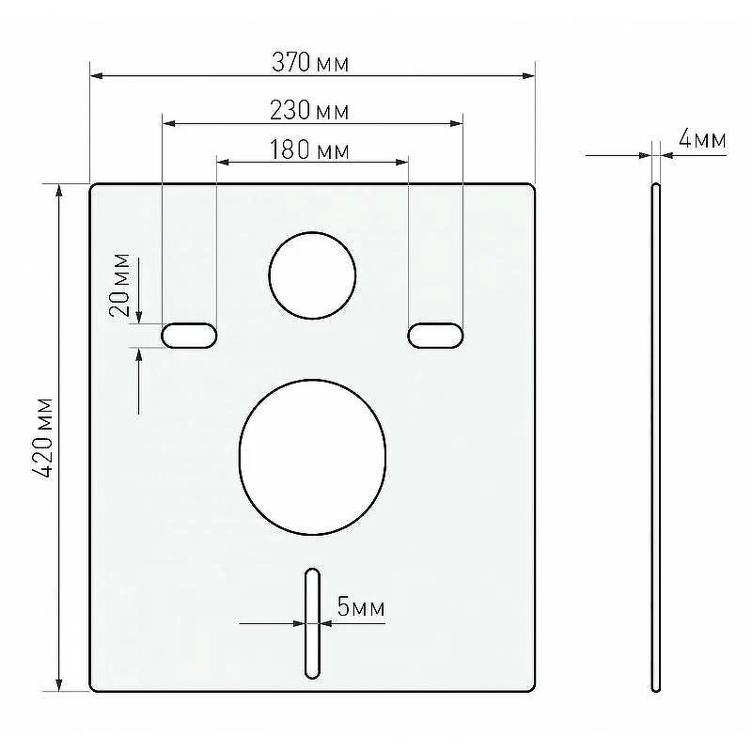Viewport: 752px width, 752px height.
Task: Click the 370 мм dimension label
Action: pyautogui.click(x=310, y=62)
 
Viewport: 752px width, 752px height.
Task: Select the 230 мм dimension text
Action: pyautogui.click(x=309, y=110)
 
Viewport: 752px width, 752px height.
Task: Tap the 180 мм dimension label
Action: pyautogui.click(x=309, y=149)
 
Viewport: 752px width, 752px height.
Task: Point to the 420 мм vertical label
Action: pyautogui.click(x=42, y=437)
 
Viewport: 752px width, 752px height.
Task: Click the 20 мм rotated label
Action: pyautogui.click(x=119, y=285)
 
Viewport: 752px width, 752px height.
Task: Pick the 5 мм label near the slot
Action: pyautogui.click(x=361, y=606)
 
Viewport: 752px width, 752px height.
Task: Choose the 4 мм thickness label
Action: pyautogui.click(x=702, y=139)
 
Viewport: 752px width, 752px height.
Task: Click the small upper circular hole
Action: pyautogui.click(x=312, y=275)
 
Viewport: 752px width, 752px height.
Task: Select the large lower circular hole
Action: pyautogui.click(x=312, y=457)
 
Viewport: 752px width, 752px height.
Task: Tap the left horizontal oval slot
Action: pyautogui.click(x=189, y=336)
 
